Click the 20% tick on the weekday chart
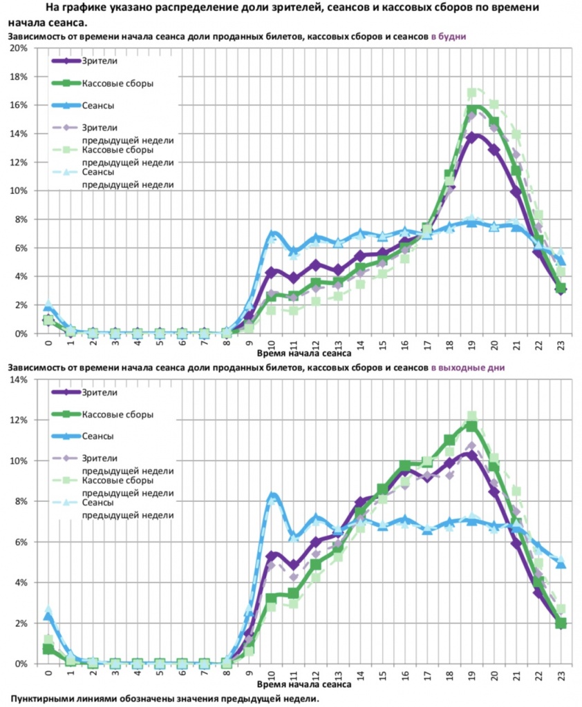(18, 48)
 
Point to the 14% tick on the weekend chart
(18, 380)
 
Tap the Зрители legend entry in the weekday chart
(100, 61)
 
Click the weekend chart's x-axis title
(303, 685)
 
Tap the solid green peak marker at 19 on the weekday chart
(473, 110)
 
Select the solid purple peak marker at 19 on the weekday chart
(473, 137)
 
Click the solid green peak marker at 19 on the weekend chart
(472, 426)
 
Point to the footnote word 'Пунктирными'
(44, 698)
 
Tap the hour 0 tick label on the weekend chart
(48, 672)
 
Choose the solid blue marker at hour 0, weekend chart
(48, 617)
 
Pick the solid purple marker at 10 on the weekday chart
(272, 271)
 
